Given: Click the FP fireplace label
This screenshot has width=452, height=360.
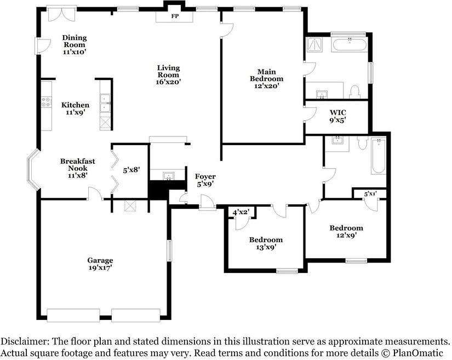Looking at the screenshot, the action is pyautogui.click(x=175, y=16).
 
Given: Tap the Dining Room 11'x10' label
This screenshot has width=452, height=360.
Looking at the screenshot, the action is pyautogui.click(x=75, y=45).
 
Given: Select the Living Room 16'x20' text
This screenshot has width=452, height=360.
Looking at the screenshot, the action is pyautogui.click(x=168, y=75).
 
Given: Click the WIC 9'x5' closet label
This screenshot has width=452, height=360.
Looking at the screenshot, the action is pyautogui.click(x=338, y=116).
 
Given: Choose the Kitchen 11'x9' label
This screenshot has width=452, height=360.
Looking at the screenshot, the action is pyautogui.click(x=75, y=108).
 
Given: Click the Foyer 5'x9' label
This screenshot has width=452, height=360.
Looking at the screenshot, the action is pyautogui.click(x=205, y=180).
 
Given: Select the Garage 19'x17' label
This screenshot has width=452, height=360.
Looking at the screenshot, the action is pyautogui.click(x=100, y=264).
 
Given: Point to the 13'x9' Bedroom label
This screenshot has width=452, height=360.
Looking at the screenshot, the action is pyautogui.click(x=266, y=243).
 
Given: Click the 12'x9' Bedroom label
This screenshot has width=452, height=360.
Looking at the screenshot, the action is pyautogui.click(x=346, y=231).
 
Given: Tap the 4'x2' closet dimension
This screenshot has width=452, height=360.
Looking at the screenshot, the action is pyautogui.click(x=241, y=213).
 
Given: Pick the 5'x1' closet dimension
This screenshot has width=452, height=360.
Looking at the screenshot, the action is pyautogui.click(x=370, y=193).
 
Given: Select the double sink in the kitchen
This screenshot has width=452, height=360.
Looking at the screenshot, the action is pyautogui.click(x=105, y=102).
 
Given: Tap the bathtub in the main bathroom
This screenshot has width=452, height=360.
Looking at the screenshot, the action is pyautogui.click(x=350, y=44).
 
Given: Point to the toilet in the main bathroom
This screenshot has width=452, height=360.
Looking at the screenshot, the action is pyautogui.click(x=354, y=92).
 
